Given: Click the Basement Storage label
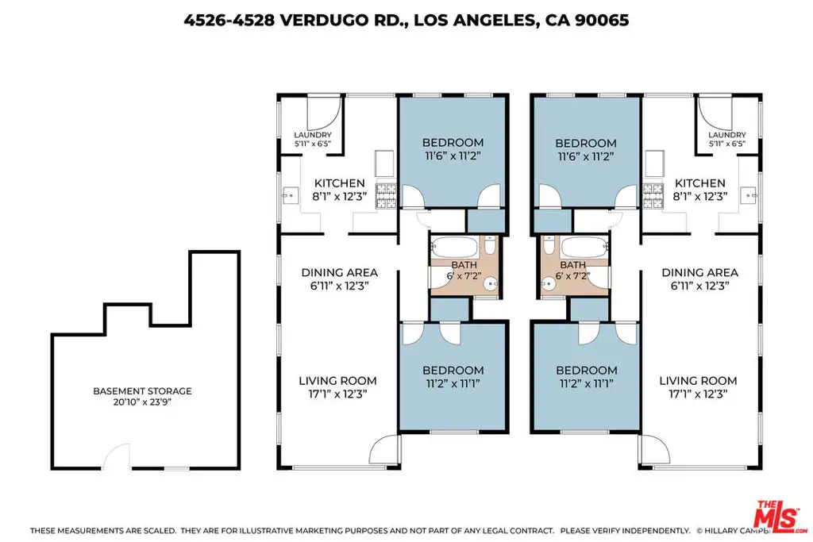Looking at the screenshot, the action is coord(142,391).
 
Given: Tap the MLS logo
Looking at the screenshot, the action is coord(780,516).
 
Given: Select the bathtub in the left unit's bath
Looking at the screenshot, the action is coord(455,247).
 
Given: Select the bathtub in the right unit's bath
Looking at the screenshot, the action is coord(584,247).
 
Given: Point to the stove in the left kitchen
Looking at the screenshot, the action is coord(385,195).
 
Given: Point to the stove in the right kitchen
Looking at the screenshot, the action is coord(653,195).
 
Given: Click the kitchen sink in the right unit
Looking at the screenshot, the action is coord(749,195).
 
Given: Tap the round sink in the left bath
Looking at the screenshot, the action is coord(491,284).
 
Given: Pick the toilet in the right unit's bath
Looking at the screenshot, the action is coord(549,245).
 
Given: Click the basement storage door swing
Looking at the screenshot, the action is coord(116,456).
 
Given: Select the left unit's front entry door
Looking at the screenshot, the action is coord(385,449).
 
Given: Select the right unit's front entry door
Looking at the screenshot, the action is coord(654,449).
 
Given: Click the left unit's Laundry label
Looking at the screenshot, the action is coord(313,135).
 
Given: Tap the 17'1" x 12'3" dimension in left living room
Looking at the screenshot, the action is coord(337,394).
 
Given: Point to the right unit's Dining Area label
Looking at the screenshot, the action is coord(700,272).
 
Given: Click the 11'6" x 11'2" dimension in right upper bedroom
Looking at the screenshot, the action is coord(586,156).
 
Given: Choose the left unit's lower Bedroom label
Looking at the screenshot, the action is coord(453,371).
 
